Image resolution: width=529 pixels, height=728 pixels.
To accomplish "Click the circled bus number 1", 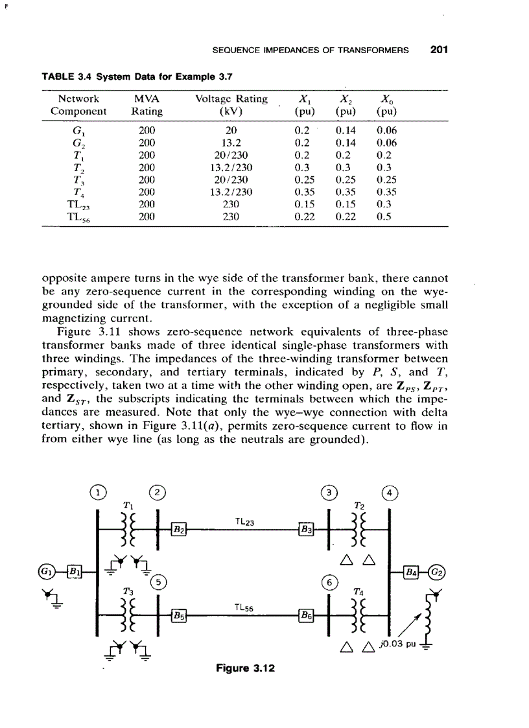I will (97, 491).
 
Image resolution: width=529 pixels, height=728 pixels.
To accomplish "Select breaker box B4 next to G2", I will (413, 570).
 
